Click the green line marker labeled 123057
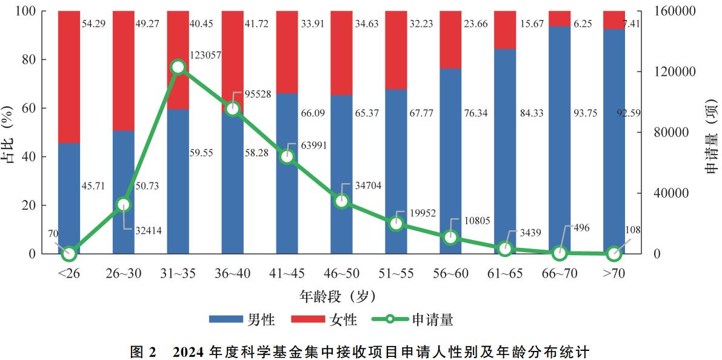178,67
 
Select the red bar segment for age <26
69,77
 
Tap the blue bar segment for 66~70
559,139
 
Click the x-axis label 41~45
287,273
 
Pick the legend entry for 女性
324,319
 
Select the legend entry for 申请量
412,319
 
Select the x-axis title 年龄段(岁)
338,296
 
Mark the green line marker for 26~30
124,204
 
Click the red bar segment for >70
613,19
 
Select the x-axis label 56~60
450,273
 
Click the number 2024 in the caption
189,350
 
